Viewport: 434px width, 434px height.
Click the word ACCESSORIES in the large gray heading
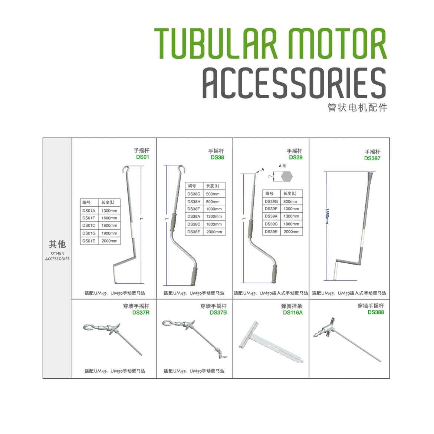pos(294,83)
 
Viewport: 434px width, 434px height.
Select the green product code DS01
pos(142,157)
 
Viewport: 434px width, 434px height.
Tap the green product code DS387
pos(372,158)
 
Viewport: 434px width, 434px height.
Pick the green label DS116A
pos(293,313)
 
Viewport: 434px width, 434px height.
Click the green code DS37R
pos(141,313)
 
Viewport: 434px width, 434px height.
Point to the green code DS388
pos(376,312)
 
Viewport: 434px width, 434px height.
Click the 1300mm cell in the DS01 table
pos(109,211)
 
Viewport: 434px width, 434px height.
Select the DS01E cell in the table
pos(89,241)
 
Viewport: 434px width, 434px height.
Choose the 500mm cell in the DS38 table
pos(213,194)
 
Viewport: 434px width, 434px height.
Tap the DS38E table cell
pos(194,232)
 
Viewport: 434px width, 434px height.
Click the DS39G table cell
pos(271,201)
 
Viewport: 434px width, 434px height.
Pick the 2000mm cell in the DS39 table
pos(292,231)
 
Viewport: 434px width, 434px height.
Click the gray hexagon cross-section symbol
pos(287,177)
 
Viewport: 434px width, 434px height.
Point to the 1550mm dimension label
pos(327,216)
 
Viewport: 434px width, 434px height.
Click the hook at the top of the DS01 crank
pos(126,170)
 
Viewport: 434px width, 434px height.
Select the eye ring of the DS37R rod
pos(89,327)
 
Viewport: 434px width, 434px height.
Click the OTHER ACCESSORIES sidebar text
pos(57,256)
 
